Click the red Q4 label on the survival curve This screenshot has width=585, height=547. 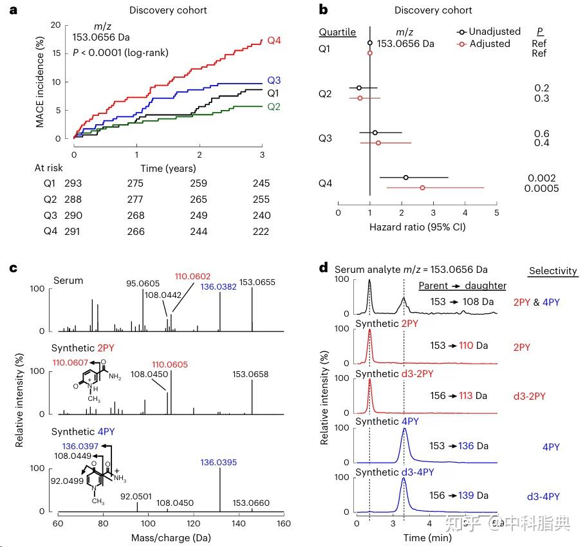274,40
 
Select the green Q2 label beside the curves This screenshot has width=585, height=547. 274,107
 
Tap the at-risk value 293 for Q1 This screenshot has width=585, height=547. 73,184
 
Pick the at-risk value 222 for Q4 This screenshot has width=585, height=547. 261,232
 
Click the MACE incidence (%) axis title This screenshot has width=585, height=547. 40,82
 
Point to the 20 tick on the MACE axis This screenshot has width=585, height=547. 56,25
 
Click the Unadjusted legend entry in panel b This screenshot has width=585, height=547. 488,32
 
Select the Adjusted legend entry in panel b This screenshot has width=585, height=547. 483,44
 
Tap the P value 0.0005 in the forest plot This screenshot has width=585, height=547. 541,189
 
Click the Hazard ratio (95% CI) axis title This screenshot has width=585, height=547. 417,227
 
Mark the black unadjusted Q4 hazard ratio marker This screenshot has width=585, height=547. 405,177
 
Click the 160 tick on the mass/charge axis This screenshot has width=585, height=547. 283,523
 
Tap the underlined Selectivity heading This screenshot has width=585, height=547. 553,272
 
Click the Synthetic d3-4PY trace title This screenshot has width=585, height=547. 395,472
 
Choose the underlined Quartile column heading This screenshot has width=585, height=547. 337,32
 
